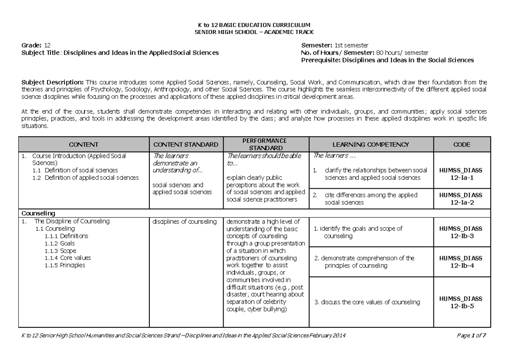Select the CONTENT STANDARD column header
click(186, 145)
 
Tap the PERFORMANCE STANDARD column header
click(267, 144)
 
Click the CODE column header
click(461, 145)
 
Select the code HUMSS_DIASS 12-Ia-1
click(461, 174)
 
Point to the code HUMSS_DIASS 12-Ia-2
click(461, 199)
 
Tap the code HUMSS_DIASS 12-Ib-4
click(461, 262)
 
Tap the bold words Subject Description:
click(53, 82)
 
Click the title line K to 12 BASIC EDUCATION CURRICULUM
click(255, 25)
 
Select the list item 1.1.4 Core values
click(67, 258)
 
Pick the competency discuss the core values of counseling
click(367, 303)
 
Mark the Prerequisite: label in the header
click(320, 60)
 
